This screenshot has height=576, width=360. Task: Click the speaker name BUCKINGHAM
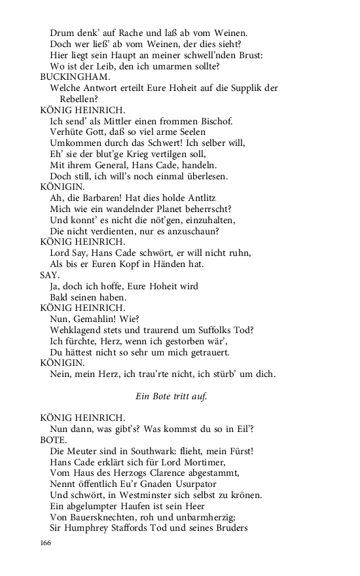pos(70,77)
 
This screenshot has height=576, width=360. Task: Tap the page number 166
pos(46,543)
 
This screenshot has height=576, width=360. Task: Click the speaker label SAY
pos(50,276)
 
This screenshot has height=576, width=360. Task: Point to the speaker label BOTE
pos(52,441)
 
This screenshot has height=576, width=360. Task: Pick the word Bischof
pos(213,121)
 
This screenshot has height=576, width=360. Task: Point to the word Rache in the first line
pos(114,33)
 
